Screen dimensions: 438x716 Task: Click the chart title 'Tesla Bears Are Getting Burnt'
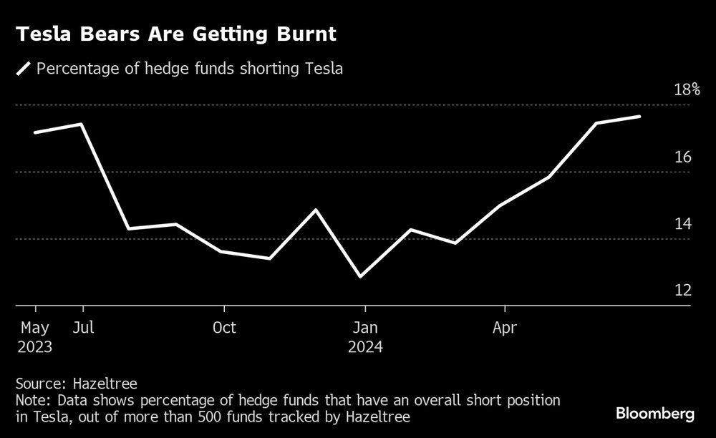click(175, 34)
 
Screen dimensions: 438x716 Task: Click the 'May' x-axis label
click(36, 328)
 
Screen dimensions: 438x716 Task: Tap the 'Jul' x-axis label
click(82, 328)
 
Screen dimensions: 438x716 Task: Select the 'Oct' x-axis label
click(224, 328)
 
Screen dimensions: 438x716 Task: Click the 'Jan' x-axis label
click(364, 328)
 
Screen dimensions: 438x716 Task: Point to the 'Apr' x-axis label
click(505, 328)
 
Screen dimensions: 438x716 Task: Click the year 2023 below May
click(36, 347)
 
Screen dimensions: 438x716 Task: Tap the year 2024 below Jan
click(365, 347)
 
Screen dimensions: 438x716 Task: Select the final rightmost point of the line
click(639, 116)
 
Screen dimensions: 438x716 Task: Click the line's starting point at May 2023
click(35, 132)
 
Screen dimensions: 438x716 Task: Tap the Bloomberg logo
click(655, 414)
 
